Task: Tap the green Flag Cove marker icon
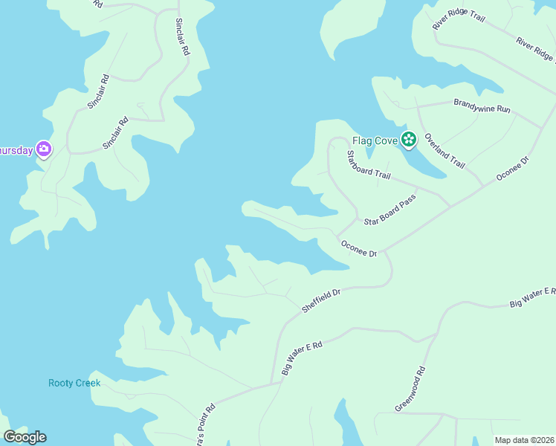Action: (408, 138)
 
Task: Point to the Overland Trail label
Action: (445, 151)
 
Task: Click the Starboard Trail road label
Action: (369, 164)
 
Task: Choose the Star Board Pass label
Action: (389, 212)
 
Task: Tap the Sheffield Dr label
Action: (320, 300)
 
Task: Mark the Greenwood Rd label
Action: (410, 390)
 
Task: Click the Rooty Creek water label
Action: (74, 383)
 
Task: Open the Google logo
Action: (25, 437)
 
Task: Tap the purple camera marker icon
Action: (44, 150)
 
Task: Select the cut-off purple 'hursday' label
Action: (16, 150)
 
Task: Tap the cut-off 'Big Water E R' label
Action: (532, 297)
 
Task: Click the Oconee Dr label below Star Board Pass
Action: (359, 248)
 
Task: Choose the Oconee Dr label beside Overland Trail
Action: (512, 169)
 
